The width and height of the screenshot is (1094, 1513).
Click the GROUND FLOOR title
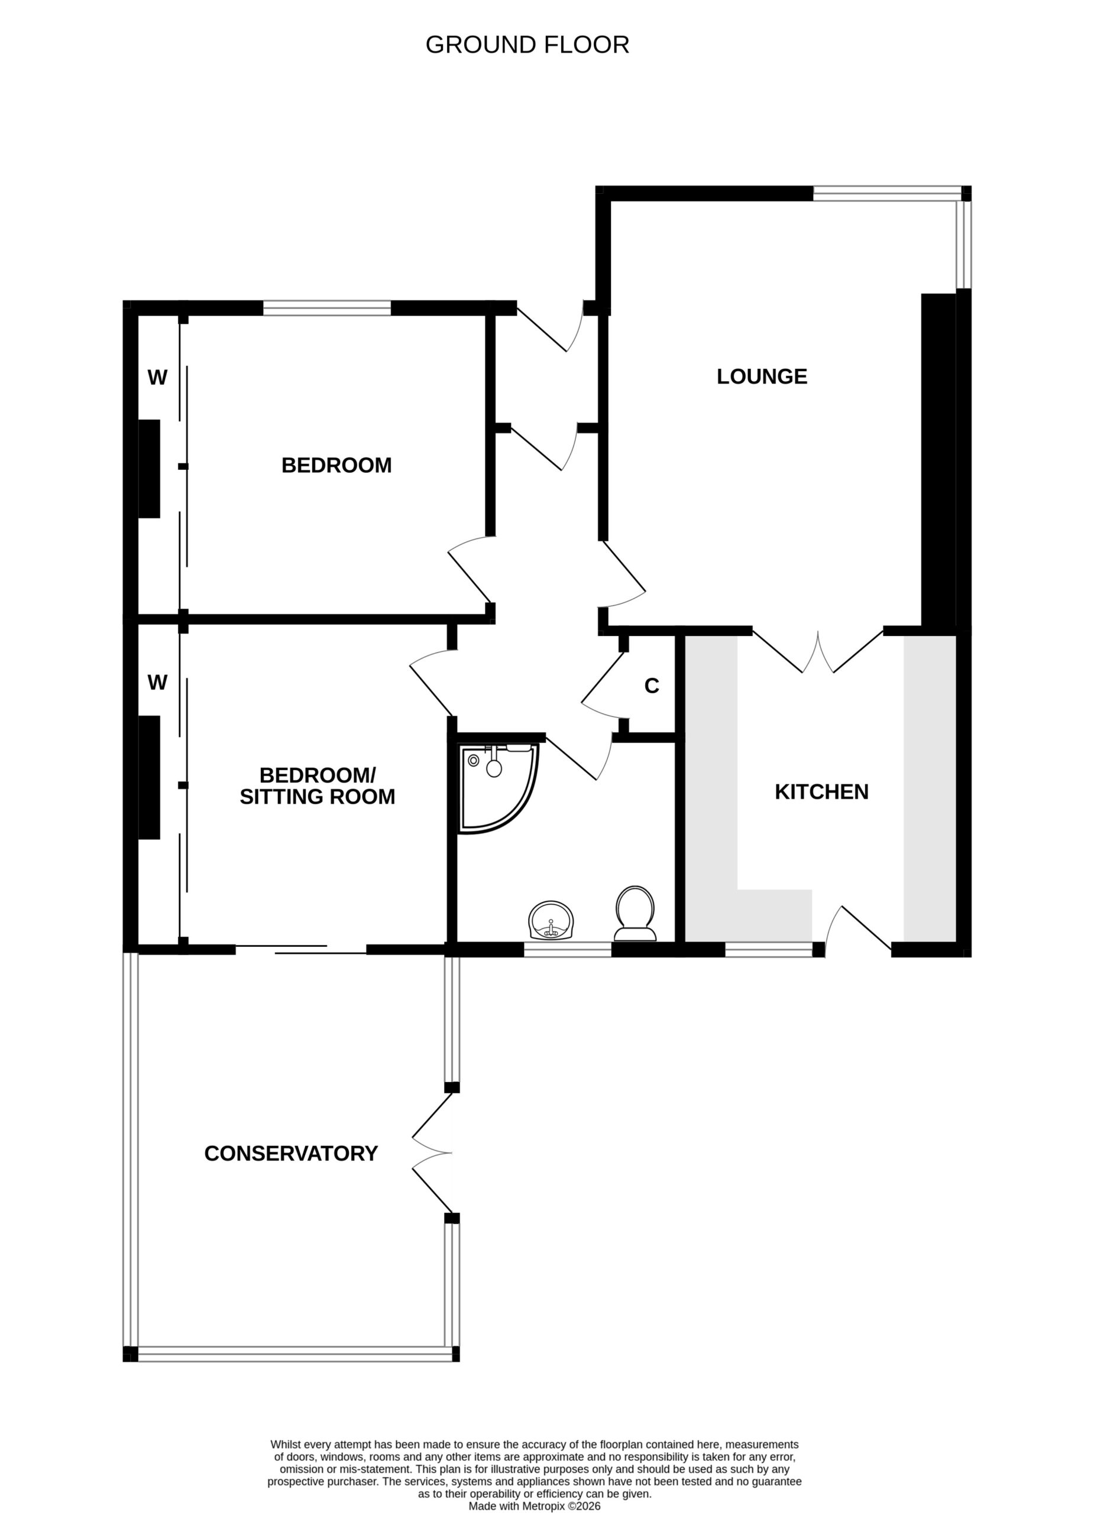pos(527,45)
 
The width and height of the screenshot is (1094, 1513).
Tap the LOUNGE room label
pos(762,377)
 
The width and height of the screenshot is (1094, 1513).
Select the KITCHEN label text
pos(821,792)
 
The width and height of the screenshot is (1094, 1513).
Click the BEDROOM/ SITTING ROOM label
pos(318,786)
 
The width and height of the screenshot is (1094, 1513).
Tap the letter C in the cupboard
pos(652,686)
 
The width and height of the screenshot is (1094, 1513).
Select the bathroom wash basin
pos(551,921)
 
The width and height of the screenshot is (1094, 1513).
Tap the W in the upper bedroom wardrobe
pos(157,378)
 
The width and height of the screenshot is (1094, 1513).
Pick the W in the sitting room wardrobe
pos(157,682)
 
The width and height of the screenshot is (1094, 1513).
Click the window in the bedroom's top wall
pos(326,308)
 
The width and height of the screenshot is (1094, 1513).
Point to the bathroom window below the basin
pos(567,949)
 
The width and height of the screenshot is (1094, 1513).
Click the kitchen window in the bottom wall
pos(769,949)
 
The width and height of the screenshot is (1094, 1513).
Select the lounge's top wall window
pos(887,193)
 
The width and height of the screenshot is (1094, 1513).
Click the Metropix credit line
pos(534,1506)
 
